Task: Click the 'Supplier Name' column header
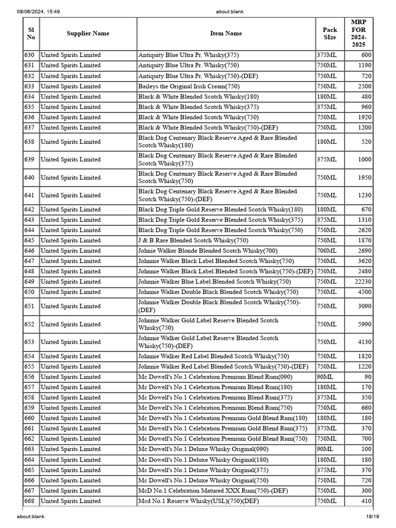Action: pyautogui.click(x=88, y=34)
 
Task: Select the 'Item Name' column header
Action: pyautogui.click(x=226, y=34)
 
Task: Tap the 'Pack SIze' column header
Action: pyautogui.click(x=329, y=34)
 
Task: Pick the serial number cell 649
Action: pyautogui.click(x=29, y=282)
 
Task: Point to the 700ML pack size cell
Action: pyautogui.click(x=327, y=251)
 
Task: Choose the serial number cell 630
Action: pyautogui.click(x=29, y=55)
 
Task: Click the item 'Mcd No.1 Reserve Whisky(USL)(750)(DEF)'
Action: pyautogui.click(x=199, y=501)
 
